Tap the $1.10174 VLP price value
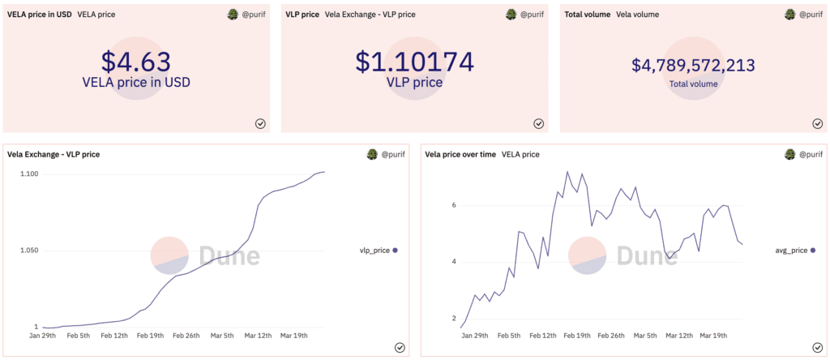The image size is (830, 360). click(414, 63)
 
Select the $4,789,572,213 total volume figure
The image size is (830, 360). click(693, 65)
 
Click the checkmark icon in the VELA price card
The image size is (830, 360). click(260, 123)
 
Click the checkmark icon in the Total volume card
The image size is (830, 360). click(817, 123)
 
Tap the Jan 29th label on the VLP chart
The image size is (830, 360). click(44, 336)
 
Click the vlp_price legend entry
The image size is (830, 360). click(378, 251)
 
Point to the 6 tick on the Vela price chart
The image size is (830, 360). click(455, 205)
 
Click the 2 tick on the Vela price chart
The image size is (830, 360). click(455, 318)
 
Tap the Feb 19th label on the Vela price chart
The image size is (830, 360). click(577, 336)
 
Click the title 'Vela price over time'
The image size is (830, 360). click(460, 154)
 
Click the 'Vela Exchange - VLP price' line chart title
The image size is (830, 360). click(53, 154)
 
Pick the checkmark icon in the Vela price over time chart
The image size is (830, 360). click(817, 347)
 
